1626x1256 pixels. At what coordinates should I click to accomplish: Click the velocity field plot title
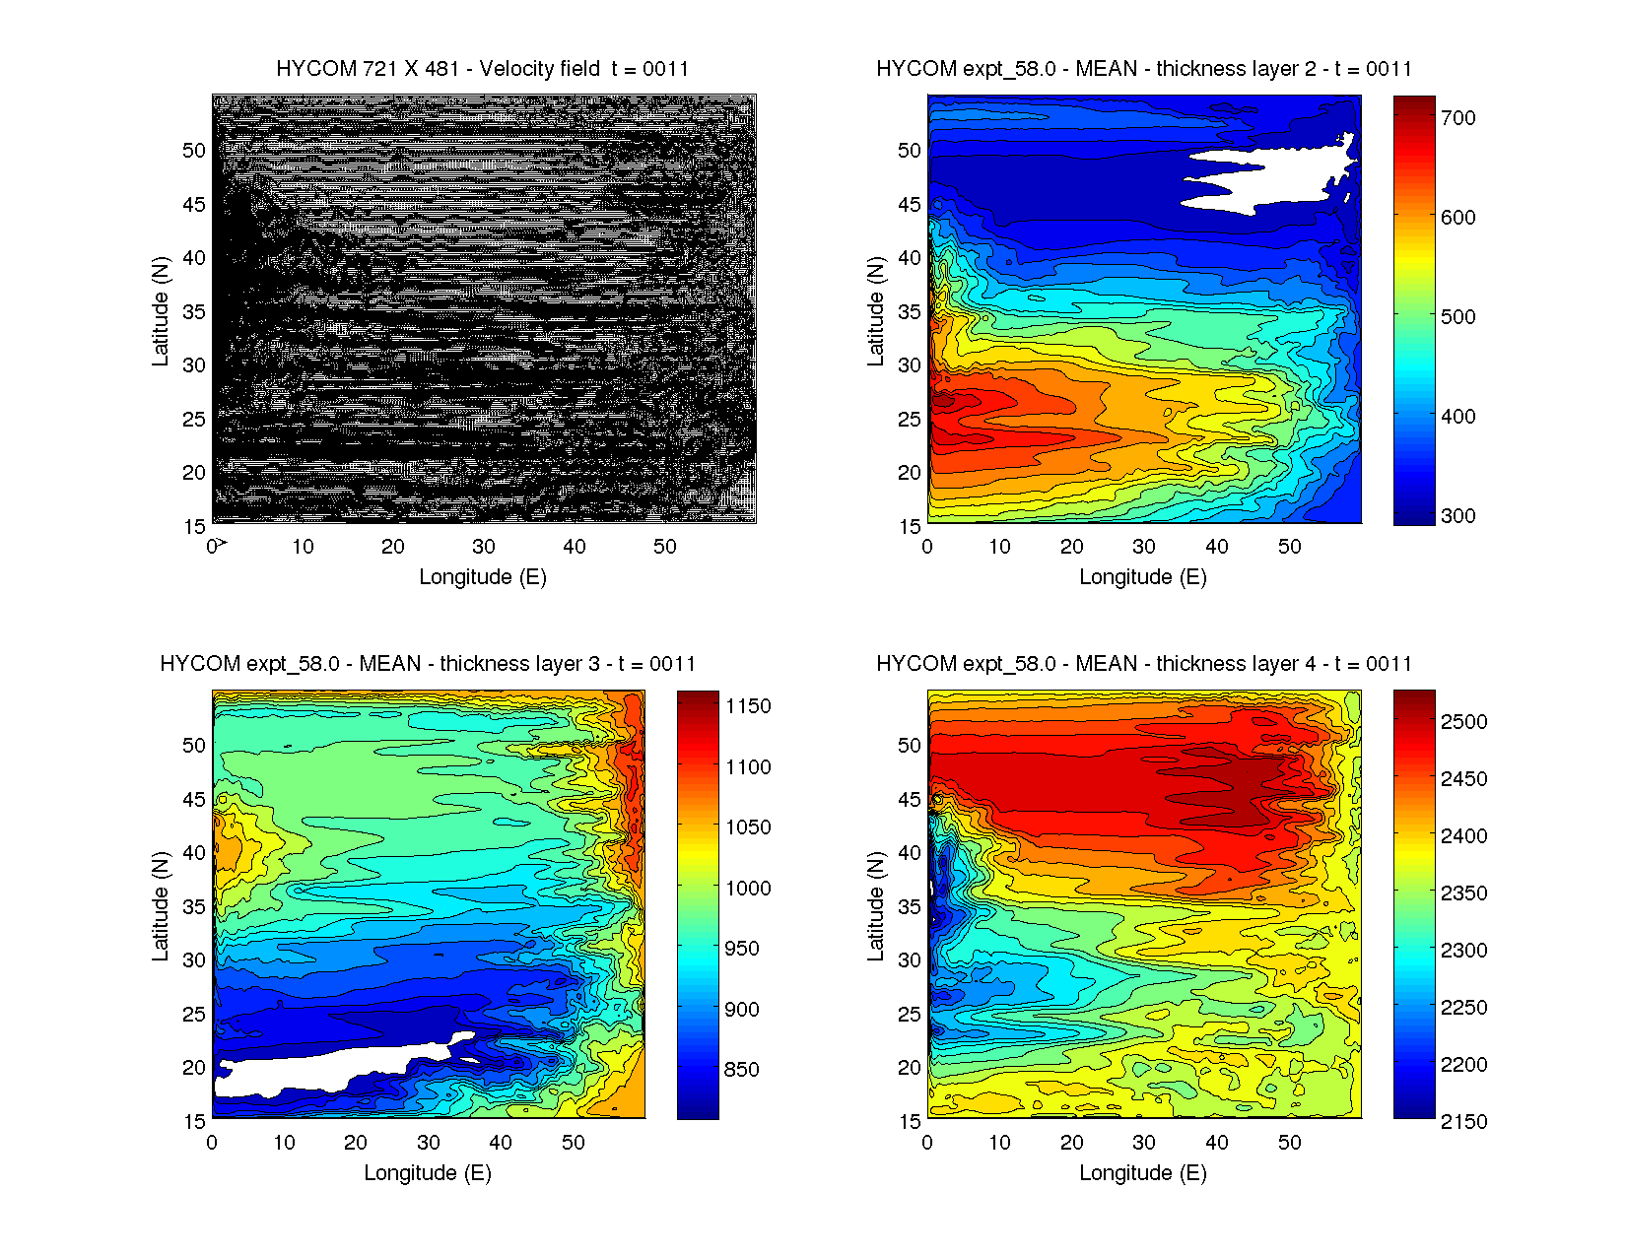(482, 69)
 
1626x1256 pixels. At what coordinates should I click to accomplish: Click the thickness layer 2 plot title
(1143, 69)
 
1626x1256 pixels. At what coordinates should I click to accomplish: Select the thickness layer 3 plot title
(428, 664)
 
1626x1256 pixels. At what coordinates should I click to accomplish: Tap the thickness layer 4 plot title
(1143, 664)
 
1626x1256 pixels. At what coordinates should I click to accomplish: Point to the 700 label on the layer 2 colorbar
(1457, 118)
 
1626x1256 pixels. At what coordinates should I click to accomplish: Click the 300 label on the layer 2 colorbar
(1457, 516)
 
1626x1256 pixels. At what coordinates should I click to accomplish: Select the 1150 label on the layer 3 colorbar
(748, 706)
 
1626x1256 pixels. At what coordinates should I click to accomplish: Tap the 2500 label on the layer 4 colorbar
(1463, 722)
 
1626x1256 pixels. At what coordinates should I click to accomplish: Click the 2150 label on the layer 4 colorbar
(1463, 1122)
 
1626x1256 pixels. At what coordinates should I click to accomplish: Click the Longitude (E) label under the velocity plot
(482, 577)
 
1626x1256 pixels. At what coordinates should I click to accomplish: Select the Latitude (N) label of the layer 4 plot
(875, 906)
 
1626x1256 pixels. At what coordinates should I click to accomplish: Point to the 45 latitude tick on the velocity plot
(194, 205)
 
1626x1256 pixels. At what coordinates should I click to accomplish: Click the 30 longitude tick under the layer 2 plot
(1144, 548)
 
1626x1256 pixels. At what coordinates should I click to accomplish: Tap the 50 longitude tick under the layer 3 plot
(574, 1143)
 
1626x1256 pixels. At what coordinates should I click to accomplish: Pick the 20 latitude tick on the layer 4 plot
(910, 1068)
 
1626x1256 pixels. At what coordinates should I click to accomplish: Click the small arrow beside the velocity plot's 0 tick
(223, 543)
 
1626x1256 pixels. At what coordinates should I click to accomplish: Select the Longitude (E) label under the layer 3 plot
(428, 1173)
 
